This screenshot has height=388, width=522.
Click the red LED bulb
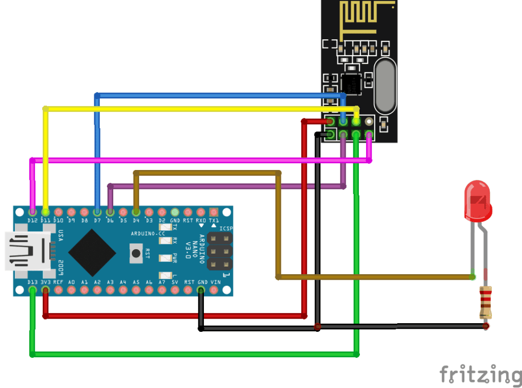tap(478, 200)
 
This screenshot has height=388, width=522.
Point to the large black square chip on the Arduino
tap(92, 252)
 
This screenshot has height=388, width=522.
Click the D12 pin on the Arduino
tap(33, 211)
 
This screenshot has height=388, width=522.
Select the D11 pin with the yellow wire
tap(45, 211)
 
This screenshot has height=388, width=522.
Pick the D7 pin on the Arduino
tap(97, 211)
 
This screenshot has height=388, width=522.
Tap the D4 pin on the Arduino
tap(136, 211)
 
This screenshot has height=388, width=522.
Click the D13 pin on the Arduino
tap(33, 290)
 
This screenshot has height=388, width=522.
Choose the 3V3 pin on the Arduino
tap(45, 290)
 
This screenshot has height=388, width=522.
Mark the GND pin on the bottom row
tap(201, 290)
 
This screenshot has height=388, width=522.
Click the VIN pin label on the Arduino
tap(215, 282)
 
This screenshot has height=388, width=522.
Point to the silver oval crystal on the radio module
tap(385, 86)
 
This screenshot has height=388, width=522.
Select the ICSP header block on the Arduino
tap(219, 251)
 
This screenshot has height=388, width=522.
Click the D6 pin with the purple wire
tap(110, 211)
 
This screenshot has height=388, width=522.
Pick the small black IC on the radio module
tap(350, 82)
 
